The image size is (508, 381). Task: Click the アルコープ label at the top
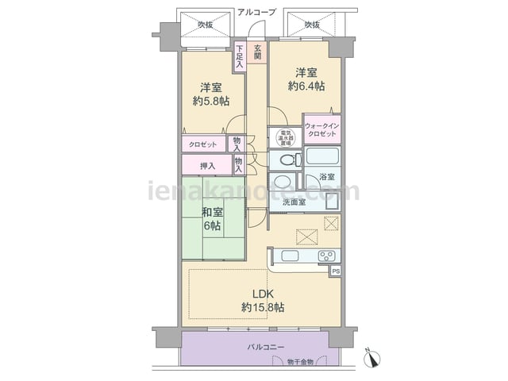coord(256,13)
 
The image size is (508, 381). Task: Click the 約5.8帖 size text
coord(211,101)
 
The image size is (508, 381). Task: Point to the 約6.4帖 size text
coord(306,86)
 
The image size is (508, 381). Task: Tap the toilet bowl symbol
coord(287,160)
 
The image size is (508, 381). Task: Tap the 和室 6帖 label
coord(211,219)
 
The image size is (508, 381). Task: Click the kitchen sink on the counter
coord(290,256)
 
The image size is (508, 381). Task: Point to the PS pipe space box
coord(337,271)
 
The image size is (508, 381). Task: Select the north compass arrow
coord(371,358)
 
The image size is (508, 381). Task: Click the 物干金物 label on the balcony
coord(302,363)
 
